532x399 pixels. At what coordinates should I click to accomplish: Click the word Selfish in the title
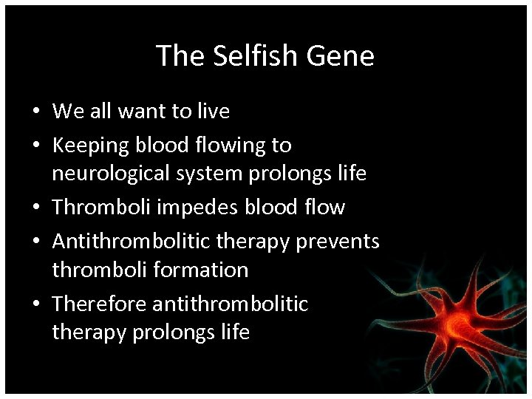[244, 55]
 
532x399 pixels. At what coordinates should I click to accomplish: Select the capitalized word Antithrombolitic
[131, 241]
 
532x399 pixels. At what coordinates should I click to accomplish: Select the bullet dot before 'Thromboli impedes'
[35, 208]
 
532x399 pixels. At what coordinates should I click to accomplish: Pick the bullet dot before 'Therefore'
[35, 304]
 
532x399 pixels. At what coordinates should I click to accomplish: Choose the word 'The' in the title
[176, 55]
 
